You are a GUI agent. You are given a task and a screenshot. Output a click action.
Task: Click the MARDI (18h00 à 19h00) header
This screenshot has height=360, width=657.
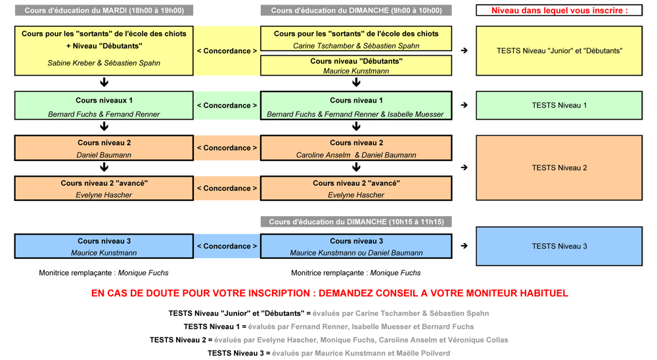tap(104, 11)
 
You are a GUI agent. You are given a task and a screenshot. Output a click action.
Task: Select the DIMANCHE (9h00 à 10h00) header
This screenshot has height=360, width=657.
tap(356, 11)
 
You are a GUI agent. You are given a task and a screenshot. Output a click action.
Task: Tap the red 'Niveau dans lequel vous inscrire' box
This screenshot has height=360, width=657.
tap(559, 11)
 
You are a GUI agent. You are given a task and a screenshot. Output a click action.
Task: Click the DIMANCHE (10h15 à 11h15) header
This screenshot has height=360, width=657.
tap(356, 221)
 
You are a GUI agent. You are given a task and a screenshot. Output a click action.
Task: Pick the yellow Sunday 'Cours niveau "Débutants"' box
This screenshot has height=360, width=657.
tap(356, 66)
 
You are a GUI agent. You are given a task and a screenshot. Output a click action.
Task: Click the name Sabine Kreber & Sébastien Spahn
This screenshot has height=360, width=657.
tap(104, 63)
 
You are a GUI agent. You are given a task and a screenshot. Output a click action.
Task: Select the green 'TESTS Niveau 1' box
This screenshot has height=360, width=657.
tap(559, 105)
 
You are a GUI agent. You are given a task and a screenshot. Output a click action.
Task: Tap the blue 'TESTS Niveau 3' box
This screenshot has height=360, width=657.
tap(559, 246)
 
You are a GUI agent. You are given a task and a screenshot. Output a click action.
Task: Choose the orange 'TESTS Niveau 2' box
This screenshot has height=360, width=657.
tap(559, 168)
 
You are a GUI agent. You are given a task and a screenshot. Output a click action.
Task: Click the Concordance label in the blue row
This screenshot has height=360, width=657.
tap(227, 246)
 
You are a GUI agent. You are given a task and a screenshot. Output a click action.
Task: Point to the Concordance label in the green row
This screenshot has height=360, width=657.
tap(227, 105)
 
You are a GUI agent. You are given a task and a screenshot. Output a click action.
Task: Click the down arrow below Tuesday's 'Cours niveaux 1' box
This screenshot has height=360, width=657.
tap(104, 126)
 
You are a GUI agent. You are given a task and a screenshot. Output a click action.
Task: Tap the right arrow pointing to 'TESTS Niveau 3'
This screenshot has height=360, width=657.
tap(464, 246)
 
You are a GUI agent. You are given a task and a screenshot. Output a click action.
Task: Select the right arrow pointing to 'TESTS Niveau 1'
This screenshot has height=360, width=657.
tap(464, 105)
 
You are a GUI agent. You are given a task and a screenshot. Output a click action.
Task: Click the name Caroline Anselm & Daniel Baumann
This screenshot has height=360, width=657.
tap(356, 155)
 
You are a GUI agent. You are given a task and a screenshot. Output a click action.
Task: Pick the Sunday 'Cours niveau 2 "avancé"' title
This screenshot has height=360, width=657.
tap(356, 183)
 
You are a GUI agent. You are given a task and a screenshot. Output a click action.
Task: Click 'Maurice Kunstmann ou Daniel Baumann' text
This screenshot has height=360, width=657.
tap(356, 253)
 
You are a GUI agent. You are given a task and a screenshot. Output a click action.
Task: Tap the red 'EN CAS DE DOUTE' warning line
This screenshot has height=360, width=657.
tap(329, 294)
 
